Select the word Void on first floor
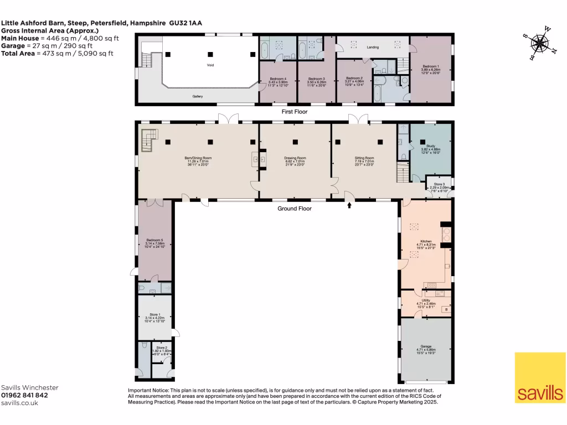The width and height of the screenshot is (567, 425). (x=210, y=65)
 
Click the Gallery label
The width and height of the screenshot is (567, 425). (x=198, y=97)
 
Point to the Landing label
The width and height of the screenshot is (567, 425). (x=373, y=48)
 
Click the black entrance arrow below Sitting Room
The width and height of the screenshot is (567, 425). (x=349, y=205)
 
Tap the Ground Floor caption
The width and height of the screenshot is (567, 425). (x=295, y=209)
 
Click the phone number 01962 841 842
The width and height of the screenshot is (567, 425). (x=24, y=396)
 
